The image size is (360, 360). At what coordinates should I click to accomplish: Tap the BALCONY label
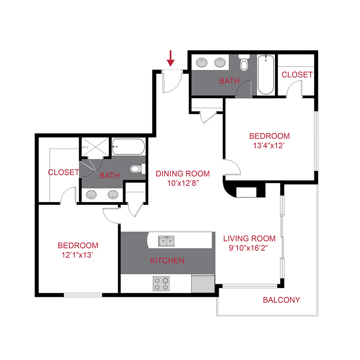[281, 300]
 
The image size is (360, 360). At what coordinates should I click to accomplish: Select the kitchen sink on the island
[166, 241]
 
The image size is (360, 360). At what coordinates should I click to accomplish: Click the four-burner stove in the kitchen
[161, 283]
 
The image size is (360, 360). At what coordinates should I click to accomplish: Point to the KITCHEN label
[167, 261]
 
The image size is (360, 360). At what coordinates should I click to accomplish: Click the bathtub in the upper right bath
[266, 74]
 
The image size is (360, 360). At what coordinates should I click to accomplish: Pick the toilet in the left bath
[136, 169]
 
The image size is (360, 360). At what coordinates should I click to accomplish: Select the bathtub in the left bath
[128, 148]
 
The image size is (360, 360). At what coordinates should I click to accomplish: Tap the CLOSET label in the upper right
[297, 75]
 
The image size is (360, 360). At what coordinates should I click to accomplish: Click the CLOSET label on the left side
[63, 172]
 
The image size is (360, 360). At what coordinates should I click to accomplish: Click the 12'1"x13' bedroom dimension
[78, 255]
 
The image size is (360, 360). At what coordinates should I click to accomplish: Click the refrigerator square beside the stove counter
[203, 283]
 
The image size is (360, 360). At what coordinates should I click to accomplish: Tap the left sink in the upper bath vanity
[202, 62]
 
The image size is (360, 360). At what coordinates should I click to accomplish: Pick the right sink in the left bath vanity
[113, 195]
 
